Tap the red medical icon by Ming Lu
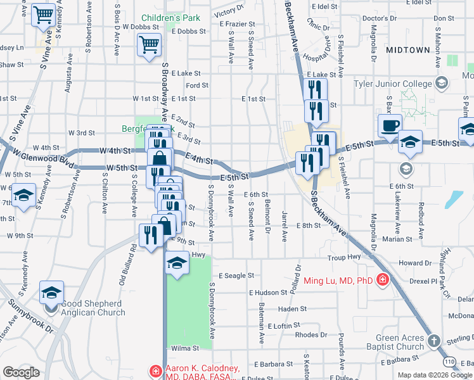click(x=382, y=279)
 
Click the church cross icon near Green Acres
click(x=433, y=341)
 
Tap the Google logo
click(x=21, y=372)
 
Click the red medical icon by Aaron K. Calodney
click(x=155, y=370)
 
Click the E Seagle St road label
click(x=236, y=275)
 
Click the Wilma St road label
click(x=183, y=348)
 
